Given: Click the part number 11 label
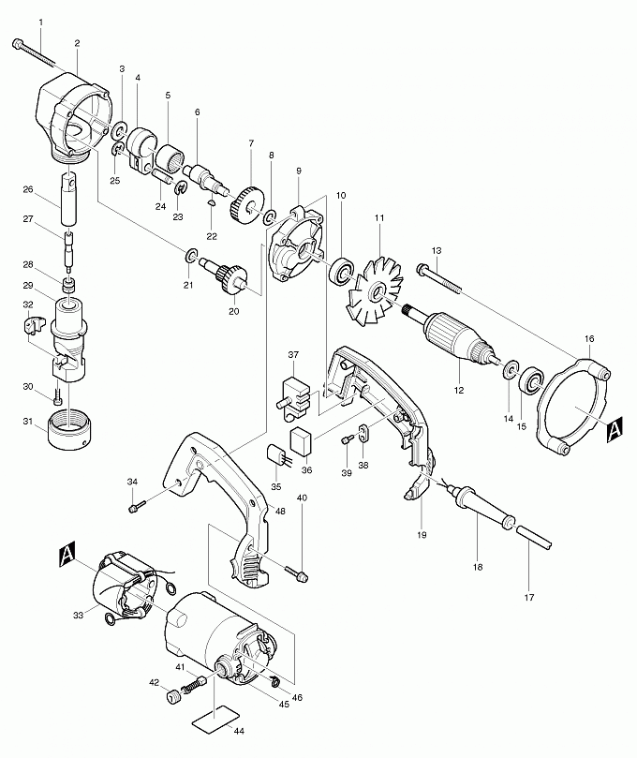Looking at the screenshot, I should click(x=380, y=218).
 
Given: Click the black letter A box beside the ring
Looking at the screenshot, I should click(x=615, y=429).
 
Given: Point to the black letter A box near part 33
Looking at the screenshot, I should click(x=67, y=554).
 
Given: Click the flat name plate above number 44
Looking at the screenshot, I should click(x=215, y=718).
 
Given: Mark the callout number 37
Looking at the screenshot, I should click(x=293, y=355).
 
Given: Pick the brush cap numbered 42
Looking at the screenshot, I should click(x=172, y=698).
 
